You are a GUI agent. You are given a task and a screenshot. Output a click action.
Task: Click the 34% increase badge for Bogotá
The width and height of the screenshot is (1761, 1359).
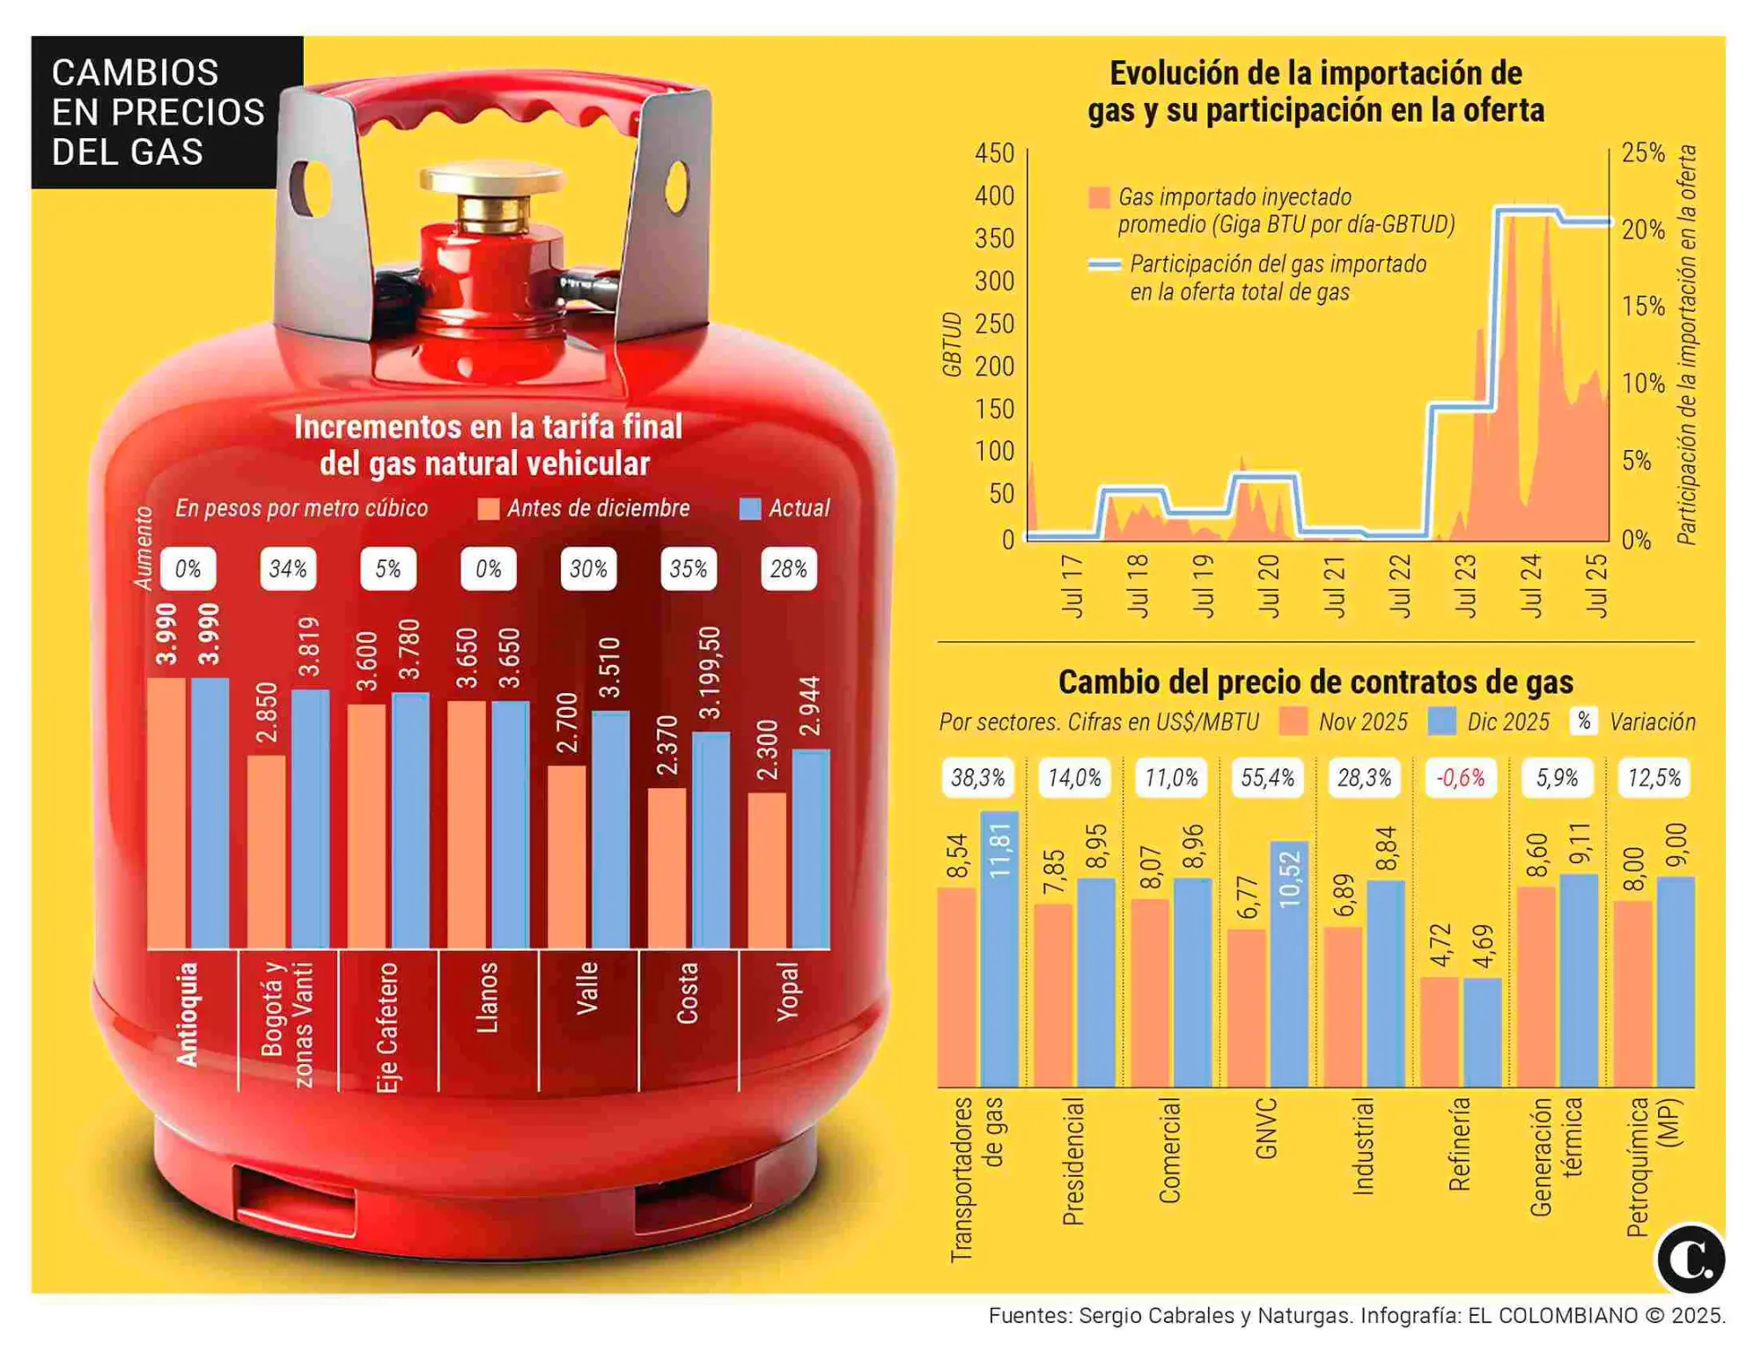click(288, 569)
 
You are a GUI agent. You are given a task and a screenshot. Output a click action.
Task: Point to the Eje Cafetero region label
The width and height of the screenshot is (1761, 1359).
click(388, 1026)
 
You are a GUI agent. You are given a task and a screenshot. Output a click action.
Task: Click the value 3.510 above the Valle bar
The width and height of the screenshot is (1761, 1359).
click(609, 668)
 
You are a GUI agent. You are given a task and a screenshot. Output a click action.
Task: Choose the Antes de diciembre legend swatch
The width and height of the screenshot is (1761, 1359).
click(488, 509)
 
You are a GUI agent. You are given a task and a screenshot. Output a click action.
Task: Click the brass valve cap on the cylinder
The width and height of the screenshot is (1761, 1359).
click(491, 179)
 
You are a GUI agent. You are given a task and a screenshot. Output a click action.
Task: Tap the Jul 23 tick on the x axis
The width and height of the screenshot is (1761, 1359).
click(1465, 585)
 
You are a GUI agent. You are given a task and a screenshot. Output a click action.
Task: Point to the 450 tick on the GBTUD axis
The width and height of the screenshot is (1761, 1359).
click(995, 153)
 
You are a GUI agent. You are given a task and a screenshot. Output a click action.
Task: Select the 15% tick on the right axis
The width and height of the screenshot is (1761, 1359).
click(1643, 307)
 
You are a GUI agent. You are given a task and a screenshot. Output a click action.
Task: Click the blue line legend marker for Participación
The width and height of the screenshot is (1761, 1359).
click(1104, 264)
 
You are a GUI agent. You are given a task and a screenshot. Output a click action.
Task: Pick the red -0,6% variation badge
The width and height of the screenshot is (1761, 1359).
click(1460, 778)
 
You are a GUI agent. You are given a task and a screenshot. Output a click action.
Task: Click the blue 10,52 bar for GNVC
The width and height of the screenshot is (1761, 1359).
click(1289, 964)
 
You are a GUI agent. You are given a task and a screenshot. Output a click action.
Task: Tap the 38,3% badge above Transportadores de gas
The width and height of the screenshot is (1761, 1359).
click(977, 778)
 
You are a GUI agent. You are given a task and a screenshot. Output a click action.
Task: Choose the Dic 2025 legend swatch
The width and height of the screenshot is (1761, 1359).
click(1441, 721)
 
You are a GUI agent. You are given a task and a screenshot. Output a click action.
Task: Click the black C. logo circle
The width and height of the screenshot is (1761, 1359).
click(1690, 1259)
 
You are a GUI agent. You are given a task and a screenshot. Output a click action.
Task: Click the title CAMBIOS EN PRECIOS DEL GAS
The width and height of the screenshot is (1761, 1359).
click(158, 112)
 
